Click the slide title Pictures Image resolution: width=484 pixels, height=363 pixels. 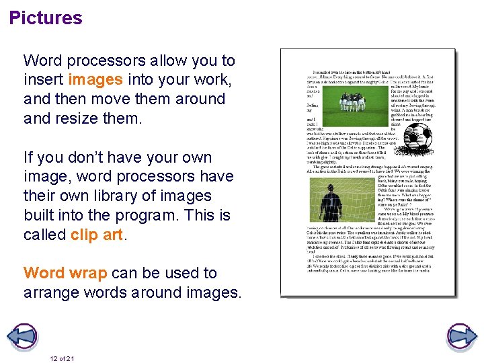coord(46,18)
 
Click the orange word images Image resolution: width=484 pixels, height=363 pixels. coord(95,79)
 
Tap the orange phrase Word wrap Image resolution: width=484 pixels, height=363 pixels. coord(65,273)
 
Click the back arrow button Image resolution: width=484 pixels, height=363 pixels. coord(24,335)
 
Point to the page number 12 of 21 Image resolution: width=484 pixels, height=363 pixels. coord(61,358)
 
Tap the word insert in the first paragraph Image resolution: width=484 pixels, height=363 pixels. coord(44,79)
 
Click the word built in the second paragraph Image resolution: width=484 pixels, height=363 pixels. coord(42,215)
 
